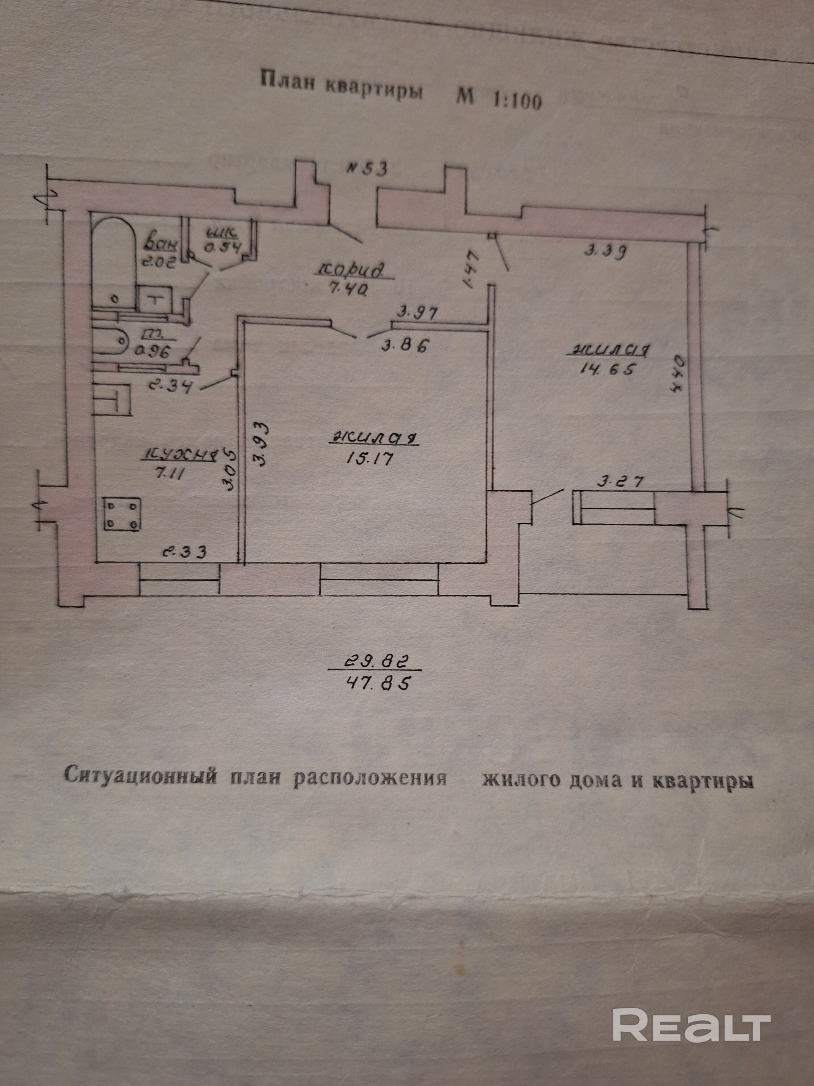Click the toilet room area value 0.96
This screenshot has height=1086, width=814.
(x=155, y=352)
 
